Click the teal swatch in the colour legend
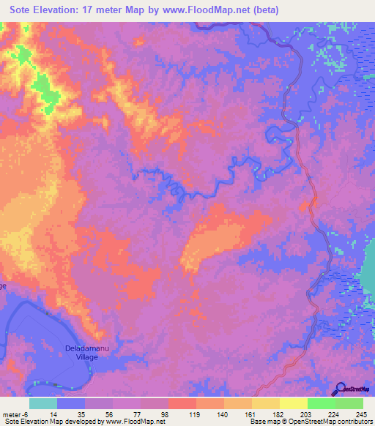pyautogui.click(x=43, y=403)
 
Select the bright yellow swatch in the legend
pyautogui.click(x=293, y=403)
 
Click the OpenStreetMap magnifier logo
pyautogui.click(x=340, y=388)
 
